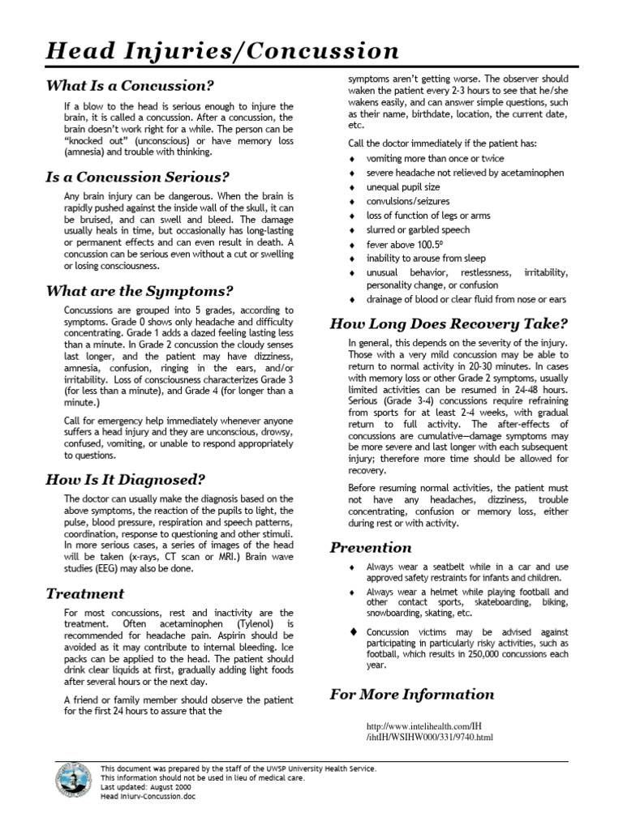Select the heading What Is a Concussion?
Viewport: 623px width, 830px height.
point(130,85)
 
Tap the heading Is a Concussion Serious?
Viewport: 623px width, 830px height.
point(138,176)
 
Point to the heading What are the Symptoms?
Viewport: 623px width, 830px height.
point(140,290)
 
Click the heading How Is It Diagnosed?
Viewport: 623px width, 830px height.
point(125,479)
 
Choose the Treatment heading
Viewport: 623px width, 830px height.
point(85,593)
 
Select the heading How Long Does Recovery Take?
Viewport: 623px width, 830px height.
point(449,324)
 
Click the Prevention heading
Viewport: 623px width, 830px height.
point(371,547)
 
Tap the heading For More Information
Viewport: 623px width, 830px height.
point(411,694)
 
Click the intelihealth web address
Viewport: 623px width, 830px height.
point(429,731)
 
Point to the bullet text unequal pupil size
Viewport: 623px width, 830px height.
point(403,186)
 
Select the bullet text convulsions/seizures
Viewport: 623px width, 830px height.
point(408,201)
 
